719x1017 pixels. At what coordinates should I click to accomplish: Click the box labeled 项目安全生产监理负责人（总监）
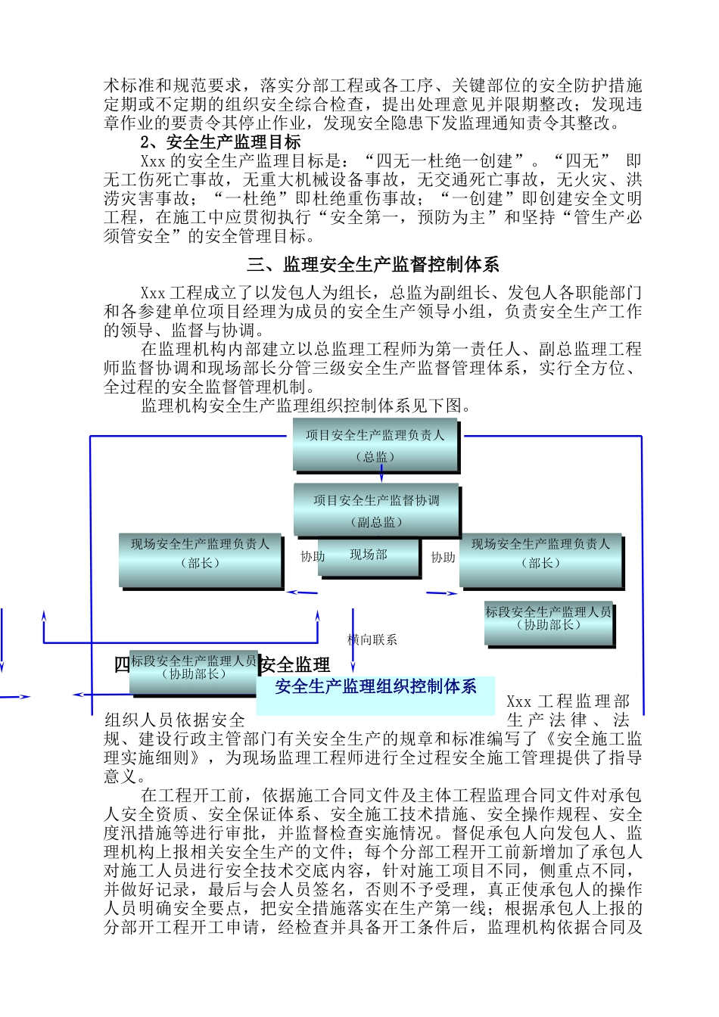(x=375, y=445)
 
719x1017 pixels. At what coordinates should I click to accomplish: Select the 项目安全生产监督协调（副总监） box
(x=376, y=510)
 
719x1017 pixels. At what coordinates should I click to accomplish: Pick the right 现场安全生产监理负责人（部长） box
(x=540, y=561)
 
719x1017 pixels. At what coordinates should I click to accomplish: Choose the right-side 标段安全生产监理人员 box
(x=548, y=623)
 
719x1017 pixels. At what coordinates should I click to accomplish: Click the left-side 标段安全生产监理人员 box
(x=193, y=672)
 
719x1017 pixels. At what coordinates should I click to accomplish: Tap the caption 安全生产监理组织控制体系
(x=375, y=687)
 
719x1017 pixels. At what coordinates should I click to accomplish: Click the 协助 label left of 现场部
(x=313, y=557)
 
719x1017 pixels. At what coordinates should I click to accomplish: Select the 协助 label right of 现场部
(x=443, y=558)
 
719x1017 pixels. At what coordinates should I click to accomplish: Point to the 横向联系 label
(x=372, y=640)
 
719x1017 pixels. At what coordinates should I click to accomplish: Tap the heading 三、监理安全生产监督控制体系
(x=373, y=265)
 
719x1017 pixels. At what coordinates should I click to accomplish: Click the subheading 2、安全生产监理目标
(x=220, y=142)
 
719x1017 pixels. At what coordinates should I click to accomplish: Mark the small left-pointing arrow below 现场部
(x=302, y=592)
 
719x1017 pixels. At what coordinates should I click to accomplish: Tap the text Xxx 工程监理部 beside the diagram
(x=568, y=701)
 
